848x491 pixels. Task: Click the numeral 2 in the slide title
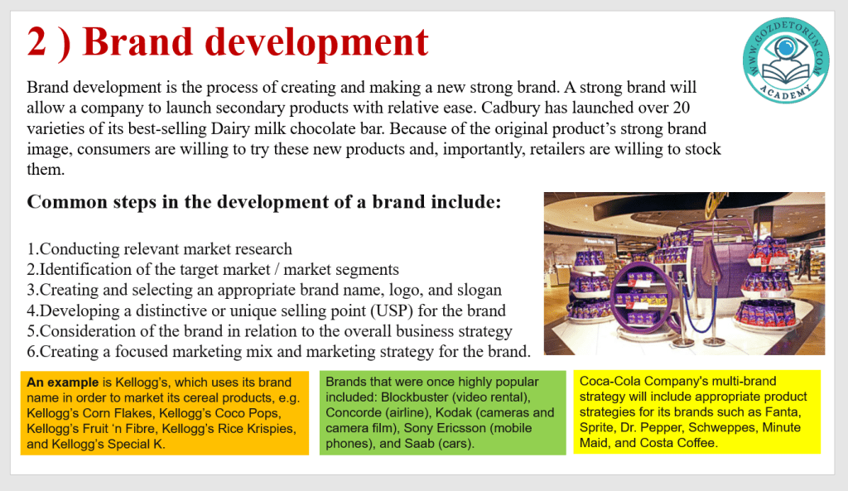36,42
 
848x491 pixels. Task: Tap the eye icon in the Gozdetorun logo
786,49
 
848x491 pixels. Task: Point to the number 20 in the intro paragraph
681,108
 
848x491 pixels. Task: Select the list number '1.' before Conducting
33,249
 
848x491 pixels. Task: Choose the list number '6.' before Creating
33,352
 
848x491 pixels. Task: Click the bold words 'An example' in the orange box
63,383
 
